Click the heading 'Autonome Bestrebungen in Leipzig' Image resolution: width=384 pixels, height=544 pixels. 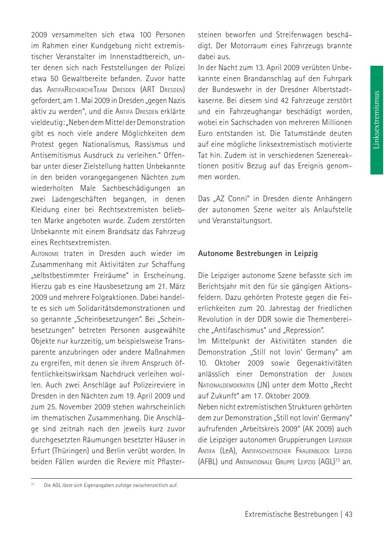coord(258,253)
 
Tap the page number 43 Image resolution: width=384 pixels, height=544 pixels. coord(349,515)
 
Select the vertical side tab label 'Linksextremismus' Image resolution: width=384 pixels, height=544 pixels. coord(376,120)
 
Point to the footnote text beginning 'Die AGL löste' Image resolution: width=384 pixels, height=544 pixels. coord(111,485)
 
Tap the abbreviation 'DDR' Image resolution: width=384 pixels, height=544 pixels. coord(274,319)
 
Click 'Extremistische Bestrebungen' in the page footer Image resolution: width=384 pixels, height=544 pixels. coord(291,515)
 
